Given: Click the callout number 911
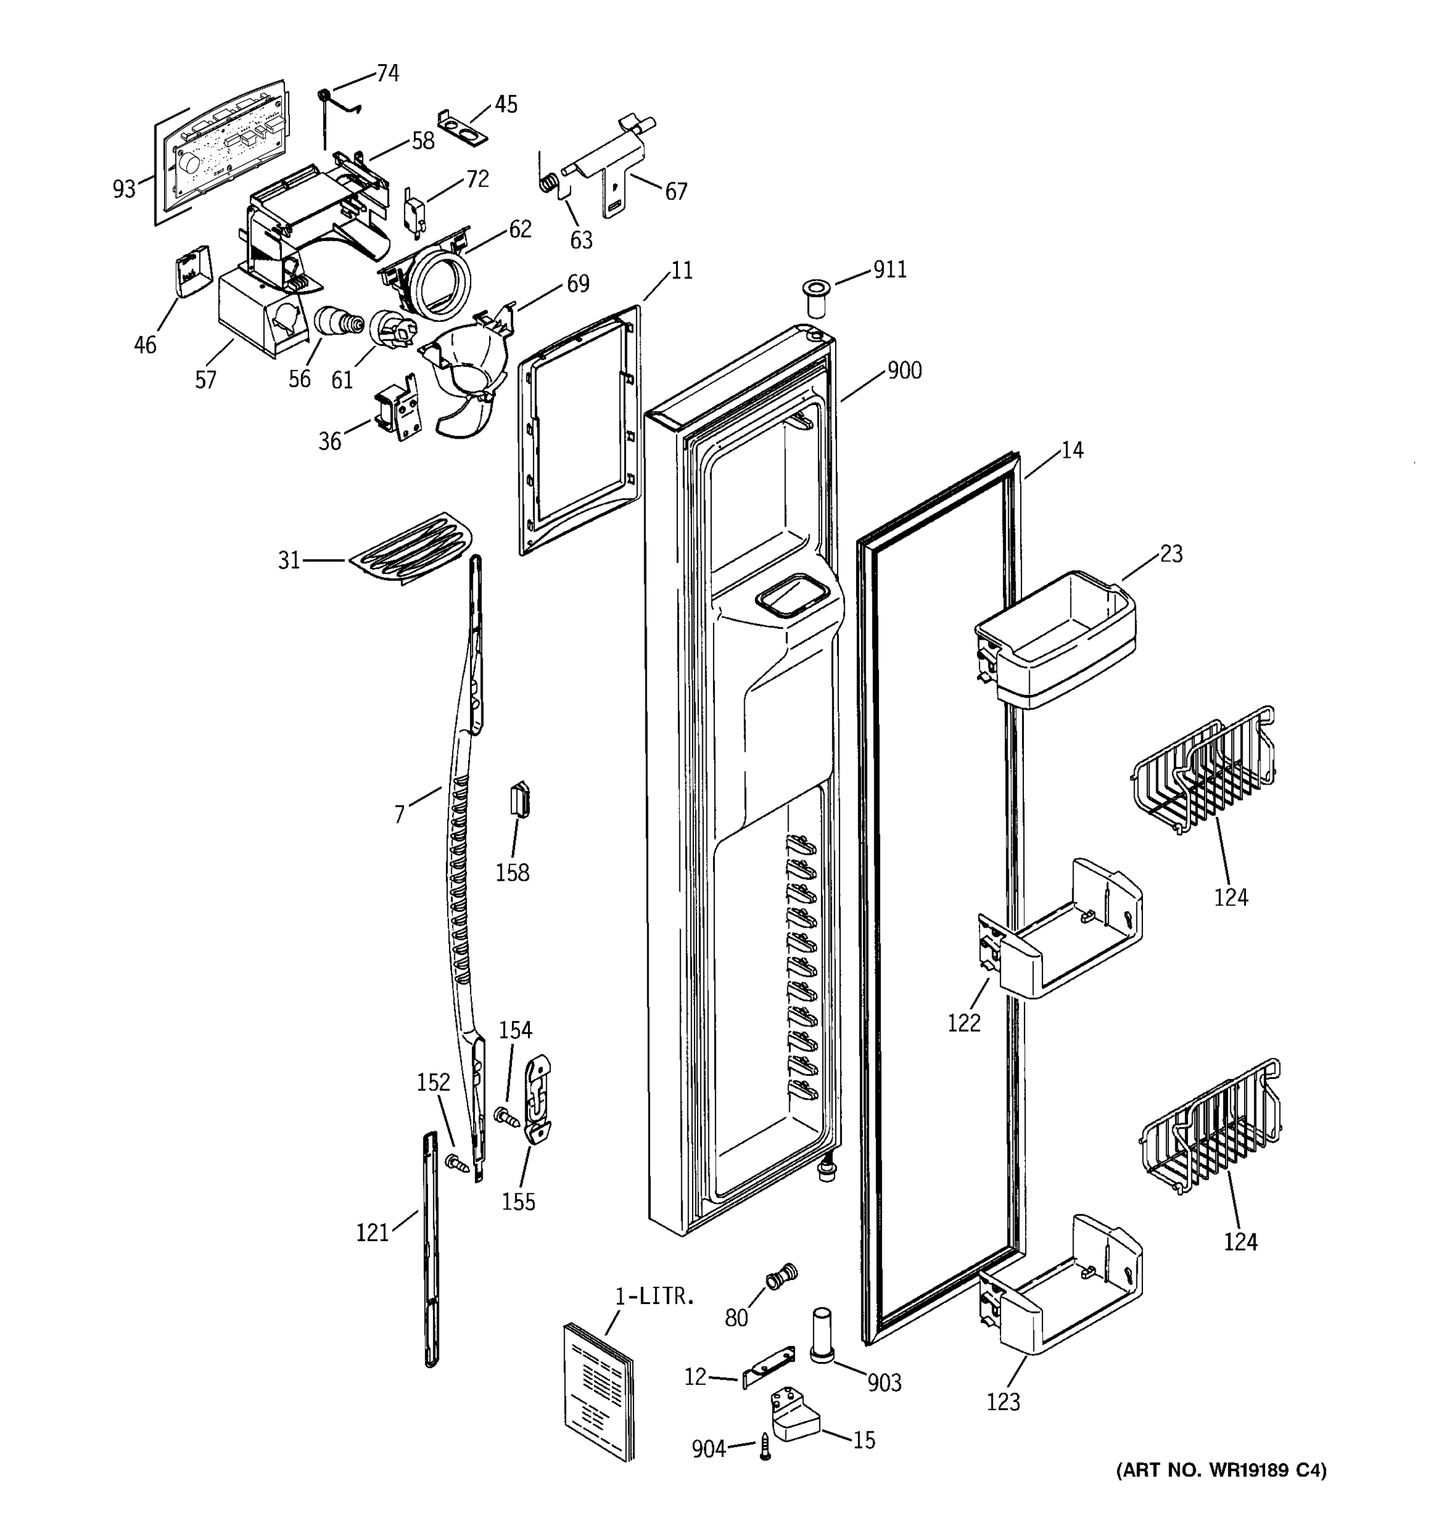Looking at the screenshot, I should [x=889, y=270].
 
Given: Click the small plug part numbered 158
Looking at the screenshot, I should [x=520, y=799].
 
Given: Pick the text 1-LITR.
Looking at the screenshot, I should [x=654, y=1297].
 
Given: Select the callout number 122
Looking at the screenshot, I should [x=964, y=1022].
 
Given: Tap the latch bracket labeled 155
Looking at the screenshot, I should [x=538, y=1097].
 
